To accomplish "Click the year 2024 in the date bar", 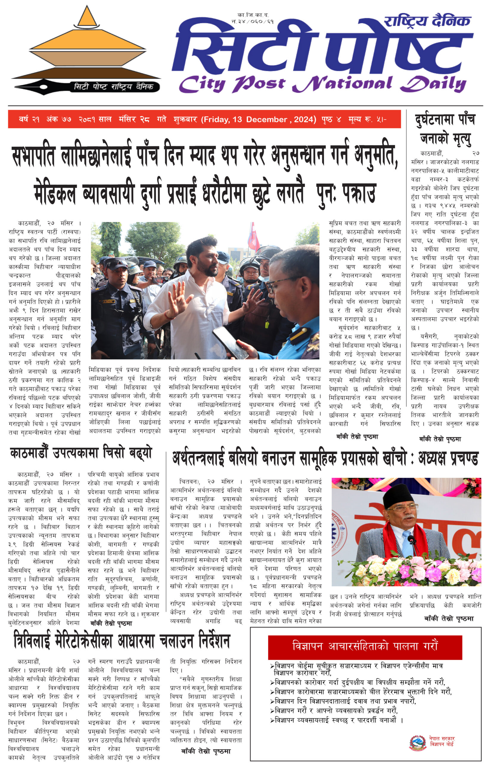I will tap(304, 120).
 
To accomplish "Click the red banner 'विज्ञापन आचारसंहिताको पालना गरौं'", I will tap(365, 646).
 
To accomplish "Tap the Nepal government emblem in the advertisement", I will tap(417, 743).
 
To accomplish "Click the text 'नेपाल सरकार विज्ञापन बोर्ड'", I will tap(442, 742).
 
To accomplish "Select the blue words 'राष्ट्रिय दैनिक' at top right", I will tap(427, 21).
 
